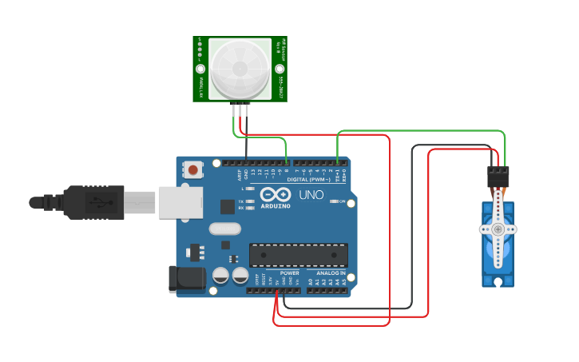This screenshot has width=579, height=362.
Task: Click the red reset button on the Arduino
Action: pos(194,169)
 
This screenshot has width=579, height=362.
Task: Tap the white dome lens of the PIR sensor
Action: pos(240,69)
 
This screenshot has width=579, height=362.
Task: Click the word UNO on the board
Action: pos(311,195)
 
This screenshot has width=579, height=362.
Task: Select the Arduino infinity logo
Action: pos(273,195)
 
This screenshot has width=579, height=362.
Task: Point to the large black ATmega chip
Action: pos(299,254)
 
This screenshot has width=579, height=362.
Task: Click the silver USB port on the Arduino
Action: pos(180,202)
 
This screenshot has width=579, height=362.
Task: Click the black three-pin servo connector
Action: pos(498,176)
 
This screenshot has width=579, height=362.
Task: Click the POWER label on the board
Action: pos(289,273)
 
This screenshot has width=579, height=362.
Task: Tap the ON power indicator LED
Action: pos(334,201)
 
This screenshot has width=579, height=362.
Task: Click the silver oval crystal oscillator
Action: pos(224,229)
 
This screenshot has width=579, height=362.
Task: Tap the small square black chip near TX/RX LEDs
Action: pos(228,206)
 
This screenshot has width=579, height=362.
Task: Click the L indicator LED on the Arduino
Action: pos(250,189)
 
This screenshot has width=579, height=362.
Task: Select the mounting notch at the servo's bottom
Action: pos(498,282)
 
